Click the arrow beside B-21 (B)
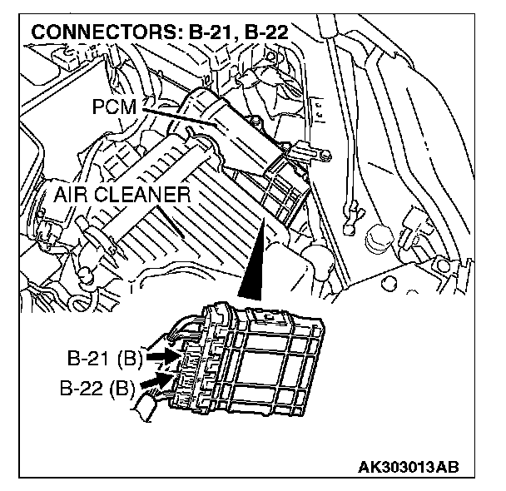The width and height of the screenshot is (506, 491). (x=164, y=357)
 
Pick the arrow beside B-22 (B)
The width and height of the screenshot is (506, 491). (x=158, y=381)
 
